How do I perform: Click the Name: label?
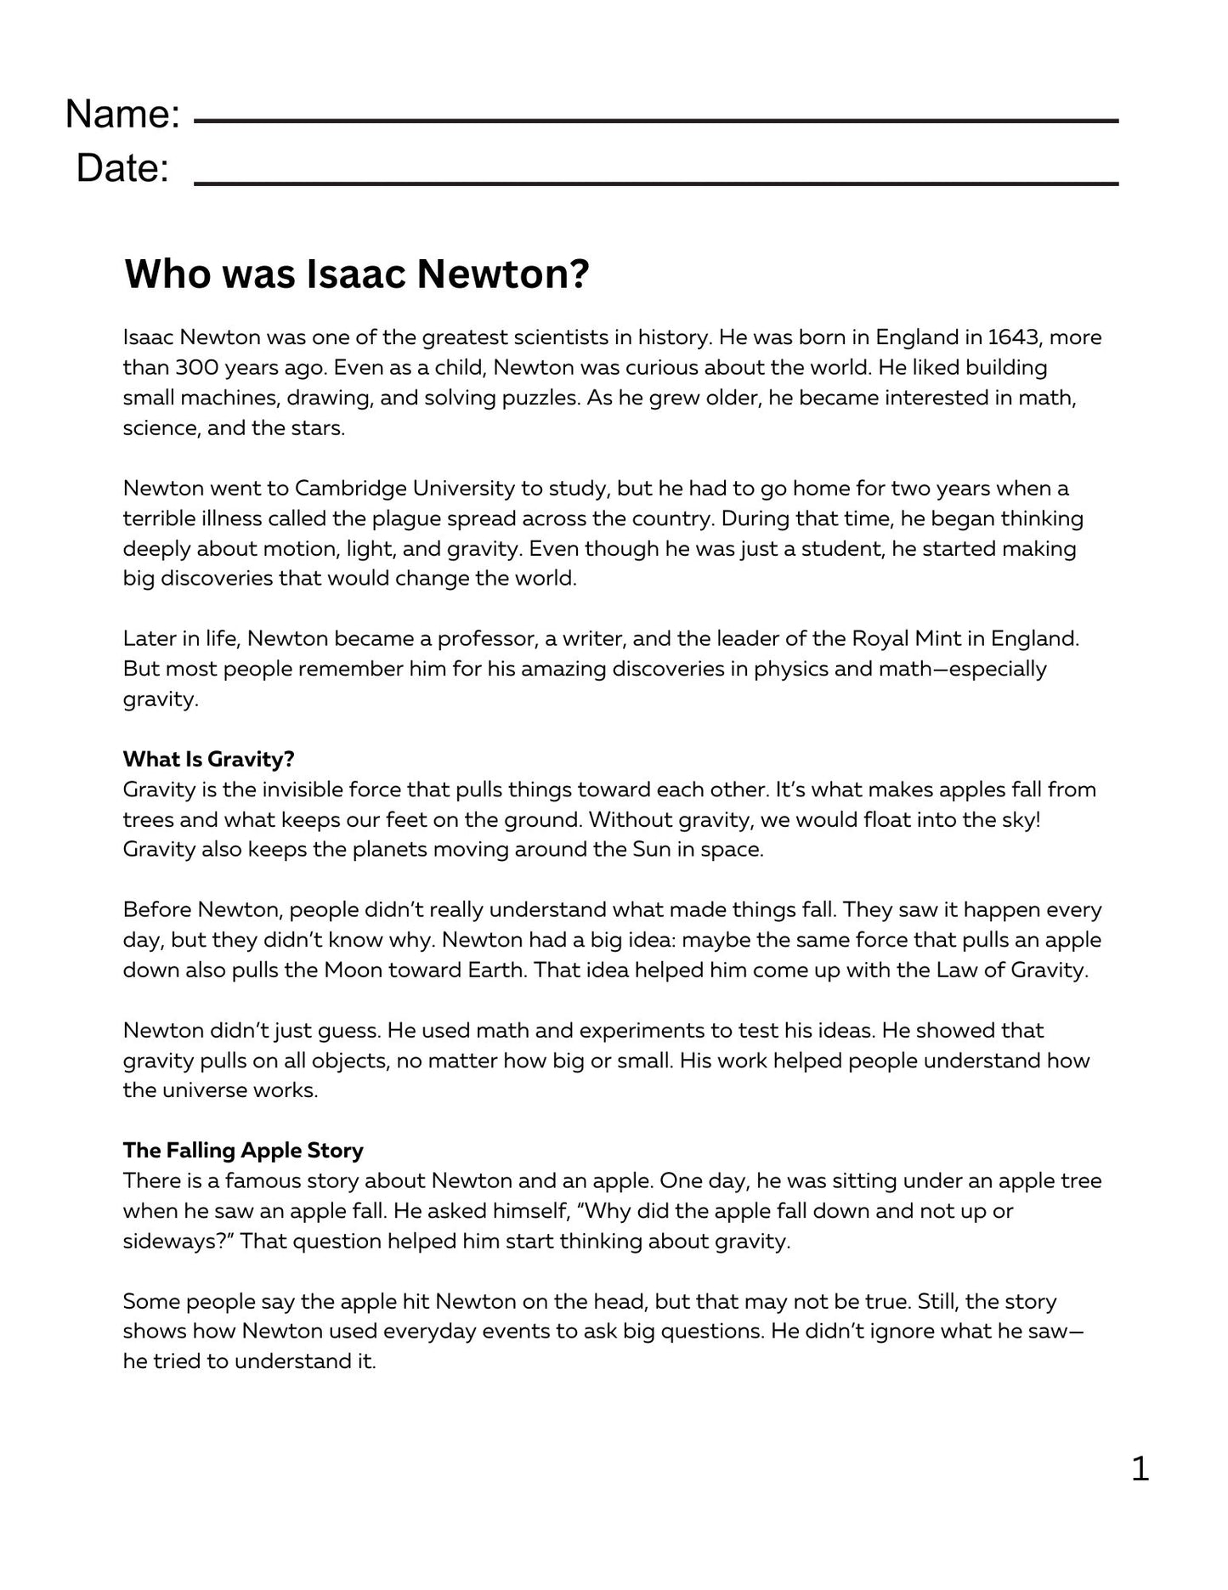click(x=122, y=114)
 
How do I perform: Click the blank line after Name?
click(x=655, y=122)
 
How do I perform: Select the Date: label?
click(x=122, y=168)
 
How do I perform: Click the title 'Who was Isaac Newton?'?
click(x=356, y=274)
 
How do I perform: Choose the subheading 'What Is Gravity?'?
click(x=208, y=759)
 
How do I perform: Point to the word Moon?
click(x=353, y=970)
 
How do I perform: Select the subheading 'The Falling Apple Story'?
click(x=243, y=1151)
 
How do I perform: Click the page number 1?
click(x=1140, y=1468)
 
